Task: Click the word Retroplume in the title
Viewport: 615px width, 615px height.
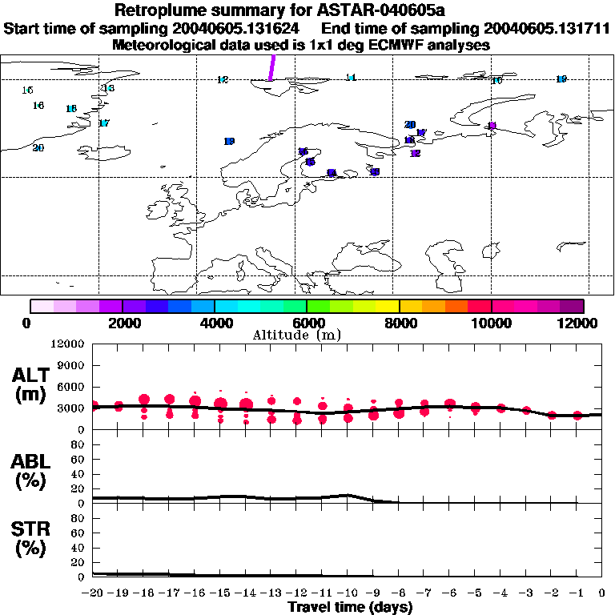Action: [157, 11]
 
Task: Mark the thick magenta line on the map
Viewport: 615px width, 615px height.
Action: [271, 67]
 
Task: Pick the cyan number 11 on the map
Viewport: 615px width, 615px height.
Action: [350, 78]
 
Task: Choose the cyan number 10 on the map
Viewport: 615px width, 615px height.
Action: [496, 81]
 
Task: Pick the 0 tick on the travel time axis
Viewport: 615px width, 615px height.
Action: [601, 593]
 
